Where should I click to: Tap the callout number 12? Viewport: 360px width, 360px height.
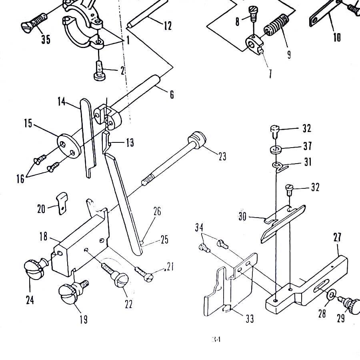168,26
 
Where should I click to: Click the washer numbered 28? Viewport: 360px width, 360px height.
331,296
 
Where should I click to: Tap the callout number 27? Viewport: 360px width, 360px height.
338,237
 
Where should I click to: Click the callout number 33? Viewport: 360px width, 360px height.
250,319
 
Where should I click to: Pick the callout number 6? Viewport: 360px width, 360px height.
172,95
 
